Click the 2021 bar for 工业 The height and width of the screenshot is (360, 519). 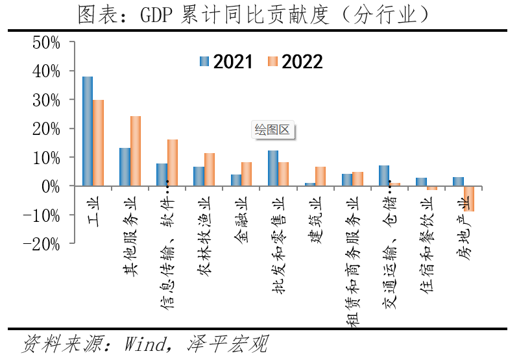[x=88, y=132]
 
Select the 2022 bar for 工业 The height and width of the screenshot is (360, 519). [x=99, y=143]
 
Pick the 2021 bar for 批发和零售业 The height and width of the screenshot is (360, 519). [x=273, y=169]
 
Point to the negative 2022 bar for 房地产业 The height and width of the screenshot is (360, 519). [x=469, y=198]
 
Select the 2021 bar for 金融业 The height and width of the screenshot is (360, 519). [x=236, y=180]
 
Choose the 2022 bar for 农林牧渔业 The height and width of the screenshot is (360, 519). [x=210, y=170]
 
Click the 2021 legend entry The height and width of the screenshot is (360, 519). [x=226, y=62]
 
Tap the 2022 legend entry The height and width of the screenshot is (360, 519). [x=295, y=62]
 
